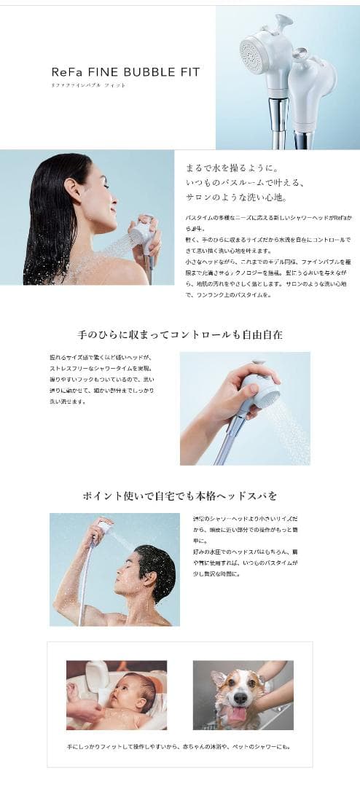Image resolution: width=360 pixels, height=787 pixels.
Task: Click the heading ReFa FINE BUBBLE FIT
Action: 125,72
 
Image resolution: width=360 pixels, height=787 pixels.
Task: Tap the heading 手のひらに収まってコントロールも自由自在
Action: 179,335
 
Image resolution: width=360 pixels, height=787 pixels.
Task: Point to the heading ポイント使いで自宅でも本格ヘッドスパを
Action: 179,496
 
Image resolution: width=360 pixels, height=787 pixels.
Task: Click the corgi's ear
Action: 218,678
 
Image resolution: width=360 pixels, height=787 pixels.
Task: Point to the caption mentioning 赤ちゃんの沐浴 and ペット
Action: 179,747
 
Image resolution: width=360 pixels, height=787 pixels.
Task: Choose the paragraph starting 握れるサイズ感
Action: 101,379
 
